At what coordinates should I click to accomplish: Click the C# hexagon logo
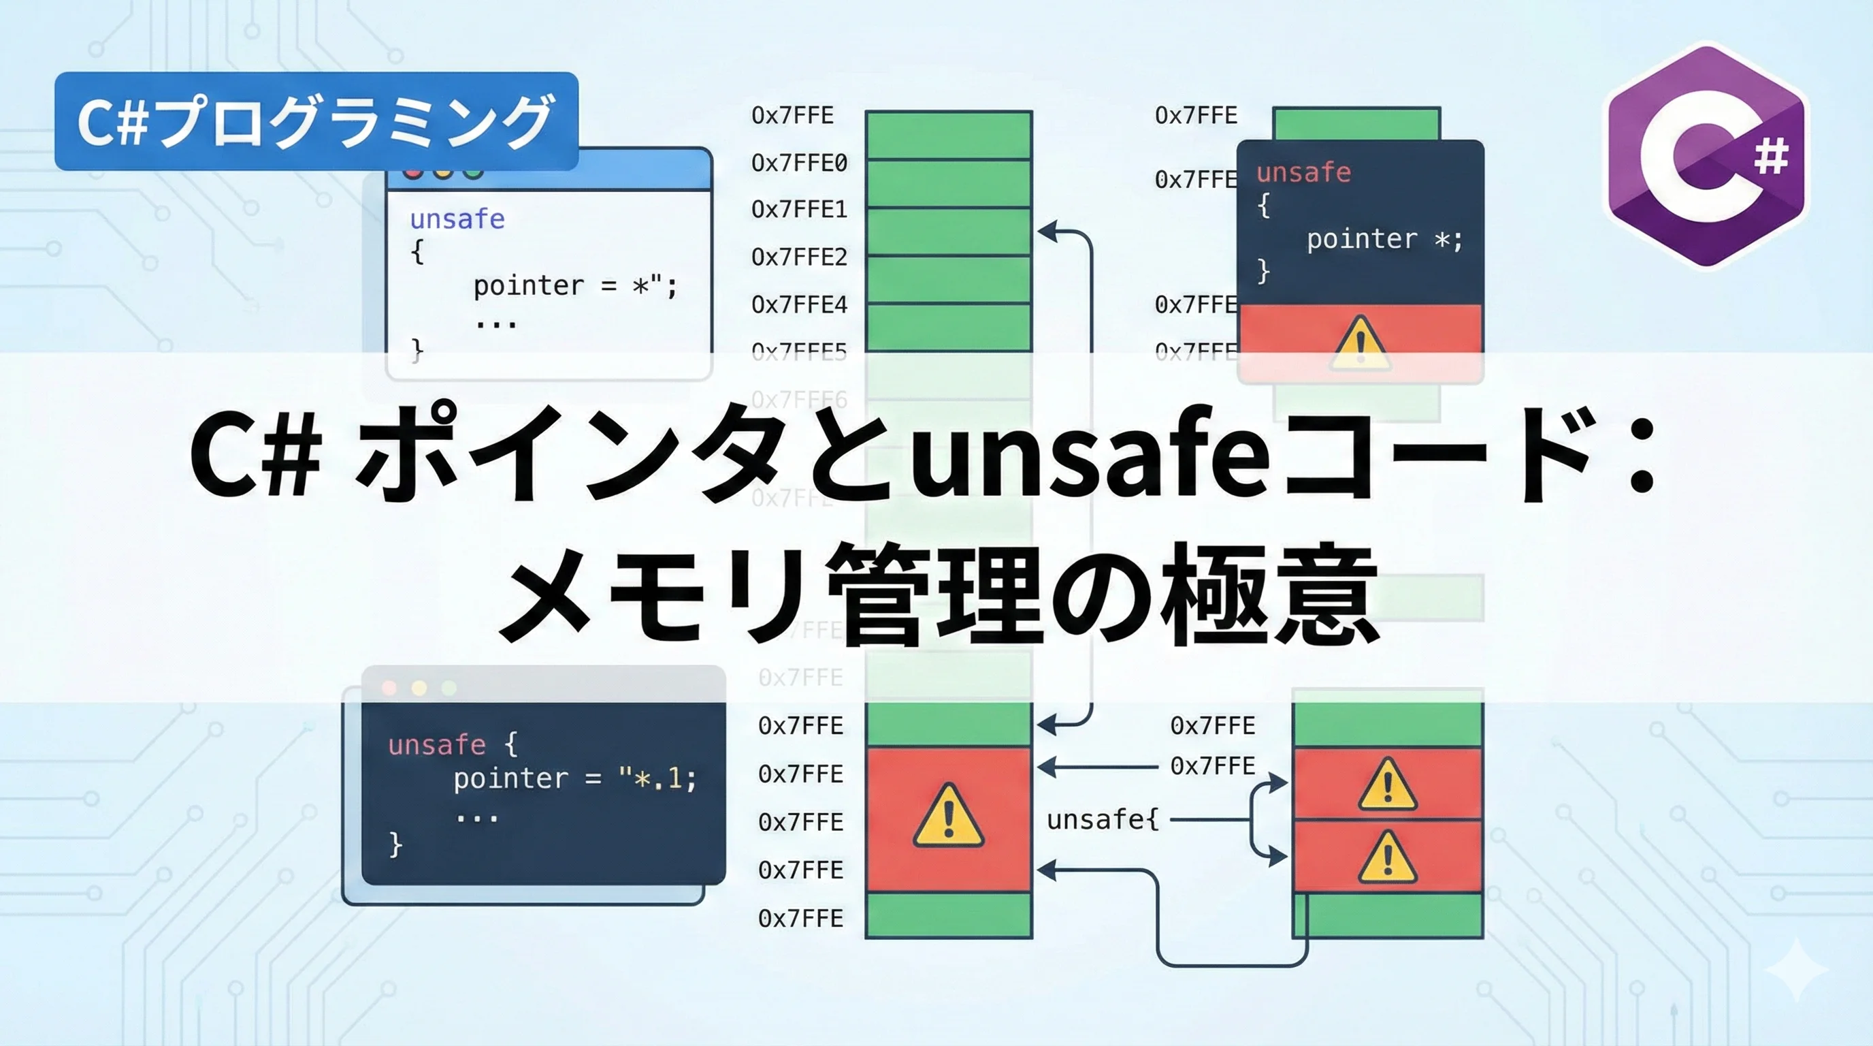pyautogui.click(x=1706, y=156)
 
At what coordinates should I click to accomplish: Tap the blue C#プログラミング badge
pyautogui.click(x=316, y=121)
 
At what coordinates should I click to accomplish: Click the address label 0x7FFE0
pyautogui.click(x=799, y=163)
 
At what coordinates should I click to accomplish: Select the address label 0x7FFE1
pyautogui.click(x=799, y=210)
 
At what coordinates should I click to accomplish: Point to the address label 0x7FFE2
pyautogui.click(x=799, y=257)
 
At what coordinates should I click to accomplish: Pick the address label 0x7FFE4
pyautogui.click(x=799, y=304)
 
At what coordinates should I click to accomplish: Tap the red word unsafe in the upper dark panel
pyautogui.click(x=1303, y=172)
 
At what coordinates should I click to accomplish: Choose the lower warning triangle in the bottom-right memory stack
pyautogui.click(x=1387, y=858)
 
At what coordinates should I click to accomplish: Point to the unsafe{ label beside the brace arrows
pyautogui.click(x=1103, y=820)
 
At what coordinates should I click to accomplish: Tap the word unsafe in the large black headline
pyautogui.click(x=1090, y=455)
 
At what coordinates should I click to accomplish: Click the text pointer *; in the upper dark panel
pyautogui.click(x=1384, y=238)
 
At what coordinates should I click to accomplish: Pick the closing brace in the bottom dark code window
pyautogui.click(x=395, y=844)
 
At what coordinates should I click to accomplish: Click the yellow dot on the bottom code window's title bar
pyautogui.click(x=419, y=687)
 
